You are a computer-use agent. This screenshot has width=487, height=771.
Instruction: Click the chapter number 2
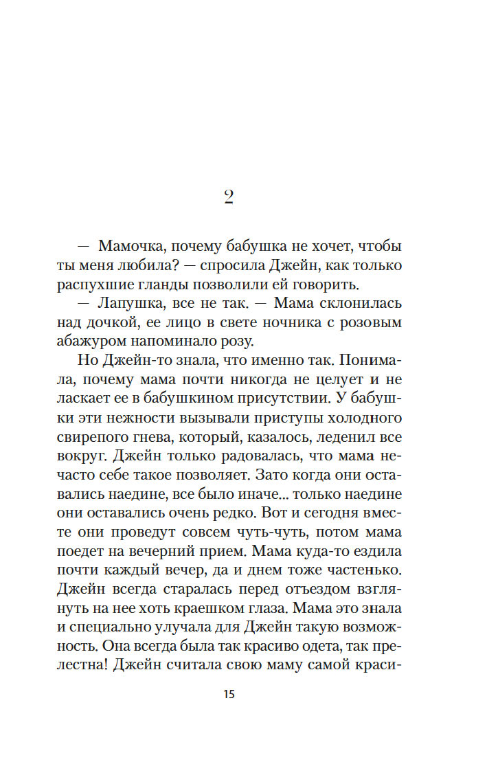[229, 198]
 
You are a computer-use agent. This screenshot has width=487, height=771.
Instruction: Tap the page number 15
[229, 694]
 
